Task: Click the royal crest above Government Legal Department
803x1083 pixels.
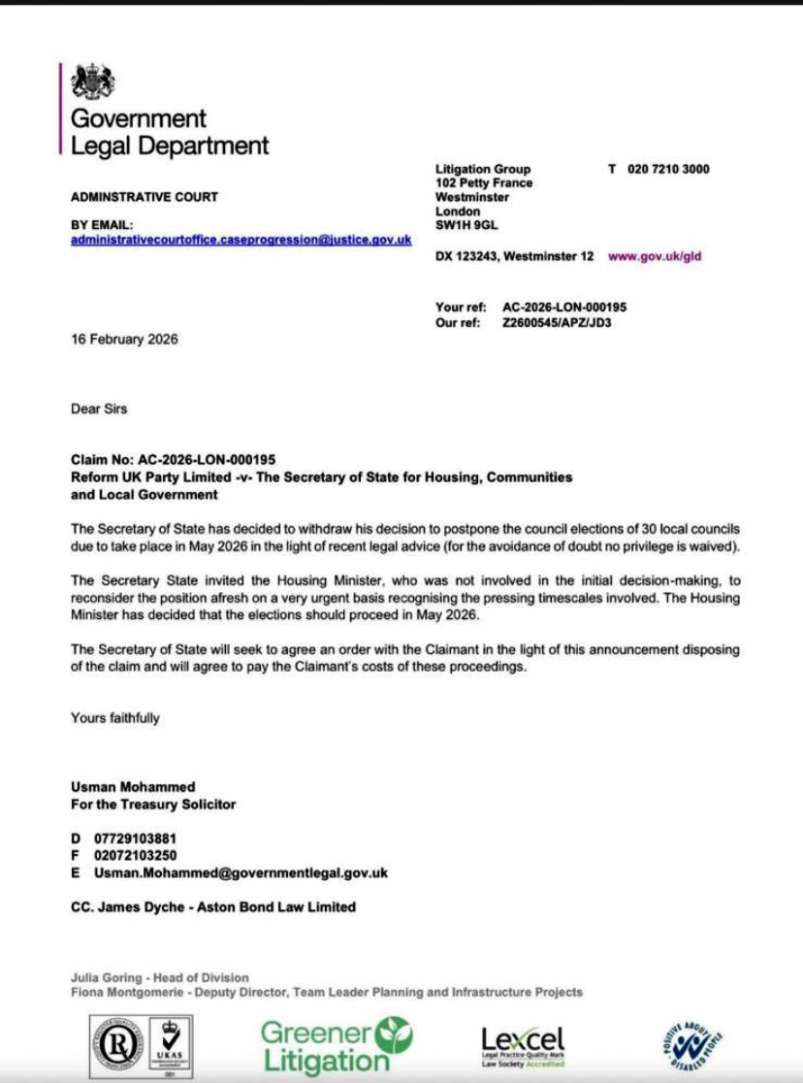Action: [x=93, y=82]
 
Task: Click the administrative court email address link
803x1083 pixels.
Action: [x=241, y=240]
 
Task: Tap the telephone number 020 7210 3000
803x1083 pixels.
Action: [x=668, y=169]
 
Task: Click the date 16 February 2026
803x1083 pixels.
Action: [x=124, y=340]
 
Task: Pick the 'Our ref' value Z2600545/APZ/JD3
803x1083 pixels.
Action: [x=557, y=323]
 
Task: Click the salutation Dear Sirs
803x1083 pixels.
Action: [x=99, y=409]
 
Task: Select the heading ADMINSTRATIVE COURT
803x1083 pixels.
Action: [x=145, y=197]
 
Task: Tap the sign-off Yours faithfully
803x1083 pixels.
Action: [x=115, y=718]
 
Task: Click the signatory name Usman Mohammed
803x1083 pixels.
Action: [x=133, y=788]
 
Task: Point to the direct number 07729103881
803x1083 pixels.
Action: [x=135, y=838]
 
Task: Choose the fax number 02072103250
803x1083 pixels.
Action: [x=135, y=856]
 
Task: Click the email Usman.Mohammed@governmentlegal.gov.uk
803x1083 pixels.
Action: [x=241, y=873]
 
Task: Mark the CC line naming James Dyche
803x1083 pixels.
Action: [x=213, y=907]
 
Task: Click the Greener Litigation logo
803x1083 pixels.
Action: [x=335, y=1045]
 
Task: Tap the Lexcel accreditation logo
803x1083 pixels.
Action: [x=522, y=1046]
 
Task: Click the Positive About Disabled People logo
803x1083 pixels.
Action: [x=693, y=1046]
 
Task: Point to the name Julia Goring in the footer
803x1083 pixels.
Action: [x=107, y=977]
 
